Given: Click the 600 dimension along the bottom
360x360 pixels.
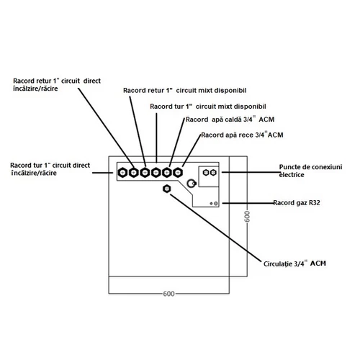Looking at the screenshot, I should tap(168, 294).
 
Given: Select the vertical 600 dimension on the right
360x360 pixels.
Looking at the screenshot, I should tap(246, 219).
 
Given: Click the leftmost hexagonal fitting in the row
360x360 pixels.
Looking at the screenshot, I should tap(123, 172).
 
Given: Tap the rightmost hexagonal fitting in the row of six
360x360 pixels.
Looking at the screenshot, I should tap(179, 172).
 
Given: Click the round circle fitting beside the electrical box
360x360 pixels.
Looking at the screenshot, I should tap(192, 184).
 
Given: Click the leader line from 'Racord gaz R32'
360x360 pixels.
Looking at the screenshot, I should tap(248, 204).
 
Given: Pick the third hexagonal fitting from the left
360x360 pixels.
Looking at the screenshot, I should tap(145, 172).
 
